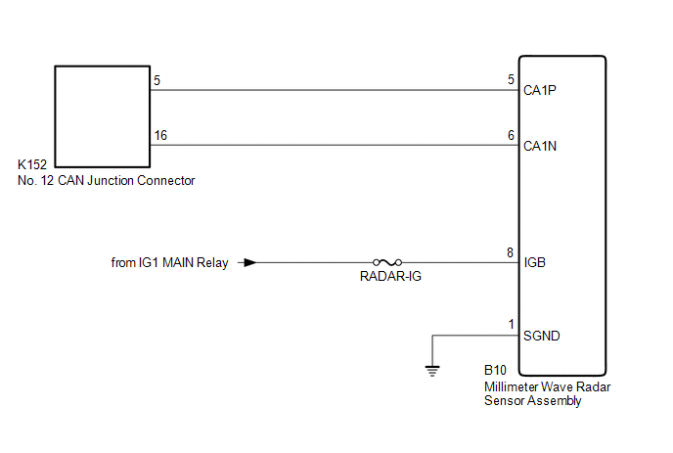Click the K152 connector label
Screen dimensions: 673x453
(32, 164)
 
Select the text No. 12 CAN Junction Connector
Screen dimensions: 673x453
(106, 180)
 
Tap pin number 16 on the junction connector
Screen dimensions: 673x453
(160, 136)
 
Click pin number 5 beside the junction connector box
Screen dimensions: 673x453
(157, 81)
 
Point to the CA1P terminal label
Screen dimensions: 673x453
(540, 90)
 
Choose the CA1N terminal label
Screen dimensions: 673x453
(540, 146)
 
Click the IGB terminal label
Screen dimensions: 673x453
(534, 262)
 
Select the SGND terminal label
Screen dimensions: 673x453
(542, 336)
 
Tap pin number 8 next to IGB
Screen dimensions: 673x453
(510, 252)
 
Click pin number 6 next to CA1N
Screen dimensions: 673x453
(511, 136)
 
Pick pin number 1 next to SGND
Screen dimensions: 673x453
(511, 324)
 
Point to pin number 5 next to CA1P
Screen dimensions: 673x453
(511, 80)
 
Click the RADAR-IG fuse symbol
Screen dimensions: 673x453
(387, 262)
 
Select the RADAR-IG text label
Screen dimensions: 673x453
(390, 277)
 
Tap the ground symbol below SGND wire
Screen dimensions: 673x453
(432, 371)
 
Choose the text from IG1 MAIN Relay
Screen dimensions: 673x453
(169, 262)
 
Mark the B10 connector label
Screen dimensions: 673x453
(495, 370)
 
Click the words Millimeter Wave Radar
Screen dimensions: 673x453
(547, 386)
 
